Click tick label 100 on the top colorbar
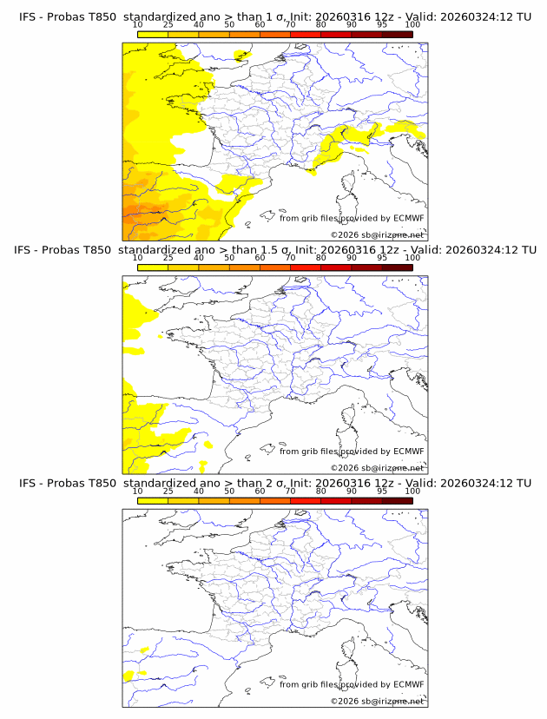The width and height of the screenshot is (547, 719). [x=412, y=25]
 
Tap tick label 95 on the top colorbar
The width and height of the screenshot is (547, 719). [x=382, y=25]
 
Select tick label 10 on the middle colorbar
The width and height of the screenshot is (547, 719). [x=137, y=258]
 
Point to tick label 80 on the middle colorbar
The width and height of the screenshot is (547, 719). [x=321, y=258]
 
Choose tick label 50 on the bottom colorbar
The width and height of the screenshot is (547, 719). [x=229, y=491]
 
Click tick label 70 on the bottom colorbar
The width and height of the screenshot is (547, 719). [x=291, y=491]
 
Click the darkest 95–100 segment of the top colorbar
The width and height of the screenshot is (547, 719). [x=397, y=35]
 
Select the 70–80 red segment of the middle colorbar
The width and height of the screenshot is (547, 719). [x=306, y=268]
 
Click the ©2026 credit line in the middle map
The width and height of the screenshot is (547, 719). [x=377, y=468]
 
